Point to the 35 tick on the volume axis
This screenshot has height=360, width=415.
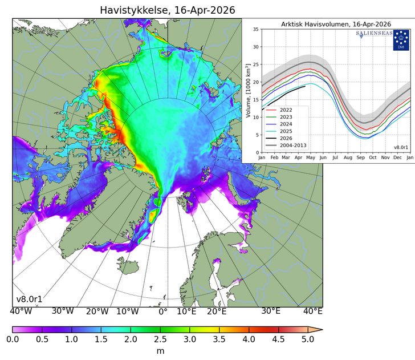click(x=256, y=29)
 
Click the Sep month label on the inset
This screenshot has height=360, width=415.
click(x=360, y=157)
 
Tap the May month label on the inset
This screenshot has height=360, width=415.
click(x=311, y=157)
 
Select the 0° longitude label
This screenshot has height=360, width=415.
click(x=162, y=312)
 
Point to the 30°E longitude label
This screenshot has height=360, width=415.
click(x=271, y=312)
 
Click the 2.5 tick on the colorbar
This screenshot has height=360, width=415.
click(x=160, y=339)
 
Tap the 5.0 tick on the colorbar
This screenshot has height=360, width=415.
click(x=308, y=339)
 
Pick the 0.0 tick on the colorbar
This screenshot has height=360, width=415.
click(x=13, y=339)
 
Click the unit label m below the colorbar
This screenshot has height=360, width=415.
click(x=160, y=351)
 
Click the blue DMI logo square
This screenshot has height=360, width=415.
click(x=401, y=39)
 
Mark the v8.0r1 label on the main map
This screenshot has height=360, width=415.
click(x=29, y=299)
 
